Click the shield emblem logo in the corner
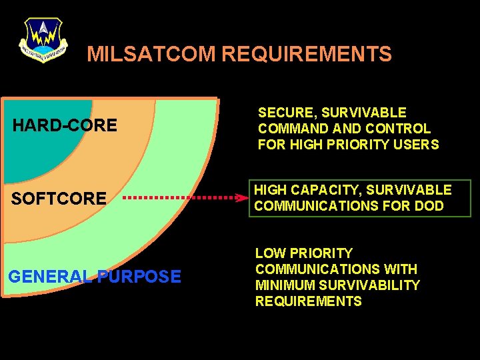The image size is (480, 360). [43, 39]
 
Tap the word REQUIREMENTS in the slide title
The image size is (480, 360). [306, 54]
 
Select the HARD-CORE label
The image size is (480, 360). [65, 125]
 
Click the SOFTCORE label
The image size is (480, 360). [59, 198]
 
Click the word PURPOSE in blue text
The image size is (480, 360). [139, 276]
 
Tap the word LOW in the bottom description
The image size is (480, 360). [270, 253]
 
